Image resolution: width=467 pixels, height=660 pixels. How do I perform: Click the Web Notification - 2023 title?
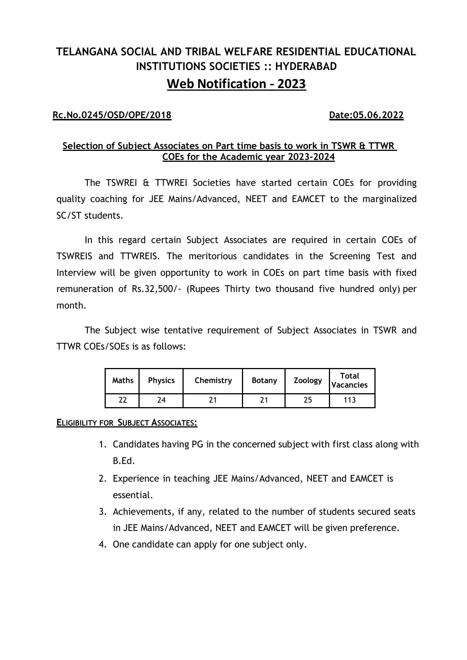pyautogui.click(x=236, y=84)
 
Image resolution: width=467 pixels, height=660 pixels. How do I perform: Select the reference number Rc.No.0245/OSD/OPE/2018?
pyautogui.click(x=112, y=115)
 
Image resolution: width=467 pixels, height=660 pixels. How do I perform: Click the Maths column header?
pyautogui.click(x=123, y=380)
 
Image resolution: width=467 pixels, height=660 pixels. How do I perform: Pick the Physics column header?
pyautogui.click(x=161, y=380)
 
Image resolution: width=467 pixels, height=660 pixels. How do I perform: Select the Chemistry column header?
pyautogui.click(x=213, y=380)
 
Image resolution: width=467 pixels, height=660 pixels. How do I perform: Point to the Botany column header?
pyautogui.click(x=264, y=380)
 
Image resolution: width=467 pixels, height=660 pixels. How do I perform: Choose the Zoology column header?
pyautogui.click(x=307, y=380)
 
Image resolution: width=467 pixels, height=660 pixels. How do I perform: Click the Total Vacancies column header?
pyautogui.click(x=350, y=380)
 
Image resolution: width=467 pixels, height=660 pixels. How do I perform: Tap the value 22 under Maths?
pyautogui.click(x=123, y=400)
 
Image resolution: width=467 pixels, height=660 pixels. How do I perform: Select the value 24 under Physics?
pyautogui.click(x=161, y=400)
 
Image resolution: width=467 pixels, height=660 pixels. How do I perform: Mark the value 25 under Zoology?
pyautogui.click(x=307, y=400)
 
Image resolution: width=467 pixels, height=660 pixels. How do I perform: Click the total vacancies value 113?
pyautogui.click(x=350, y=400)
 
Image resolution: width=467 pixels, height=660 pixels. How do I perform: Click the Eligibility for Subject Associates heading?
pyautogui.click(x=127, y=423)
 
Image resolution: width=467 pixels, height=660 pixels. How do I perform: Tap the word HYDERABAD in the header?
pyautogui.click(x=306, y=67)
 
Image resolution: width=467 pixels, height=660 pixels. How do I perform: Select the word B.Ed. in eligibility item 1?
pyautogui.click(x=124, y=461)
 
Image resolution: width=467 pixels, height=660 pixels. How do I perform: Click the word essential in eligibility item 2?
pyautogui.click(x=132, y=495)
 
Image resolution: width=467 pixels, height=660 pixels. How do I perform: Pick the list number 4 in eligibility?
pyautogui.click(x=102, y=544)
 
